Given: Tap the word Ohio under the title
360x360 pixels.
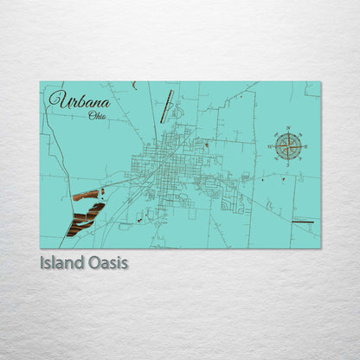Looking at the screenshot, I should point(97,115).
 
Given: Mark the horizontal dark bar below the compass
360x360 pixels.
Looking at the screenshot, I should point(302,222).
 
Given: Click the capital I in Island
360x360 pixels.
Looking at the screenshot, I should point(42,261).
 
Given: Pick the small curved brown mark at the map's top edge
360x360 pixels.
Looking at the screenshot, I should point(134,85).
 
